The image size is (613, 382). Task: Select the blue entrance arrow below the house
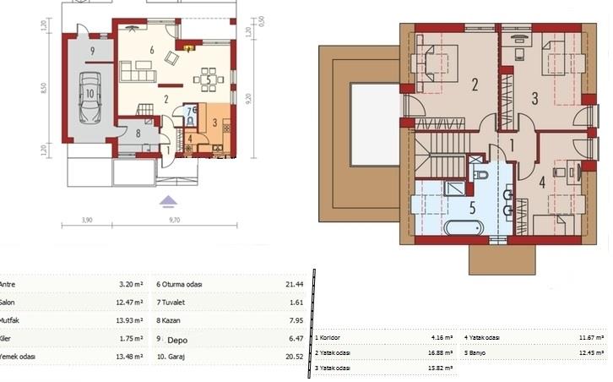coord(169,200)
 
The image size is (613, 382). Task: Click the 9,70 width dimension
coord(173,220)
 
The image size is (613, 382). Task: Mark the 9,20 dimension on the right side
coord(247,98)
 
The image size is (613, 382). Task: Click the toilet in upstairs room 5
coord(481,175)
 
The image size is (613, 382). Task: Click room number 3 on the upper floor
coord(534,98)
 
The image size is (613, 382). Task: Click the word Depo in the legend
coord(177,340)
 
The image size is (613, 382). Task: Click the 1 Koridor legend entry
coord(335,338)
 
